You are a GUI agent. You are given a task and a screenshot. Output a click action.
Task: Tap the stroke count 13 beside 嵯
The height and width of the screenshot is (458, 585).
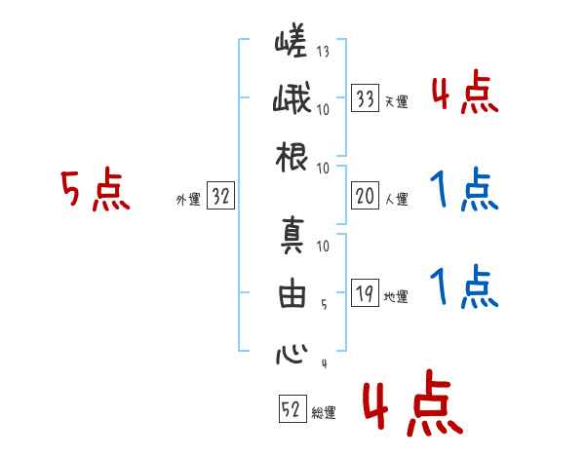pos(323,52)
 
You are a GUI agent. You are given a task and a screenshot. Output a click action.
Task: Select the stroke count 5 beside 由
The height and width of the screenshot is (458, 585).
pos(323,304)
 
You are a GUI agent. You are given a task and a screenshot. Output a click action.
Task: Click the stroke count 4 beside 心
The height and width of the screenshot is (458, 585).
pos(323,364)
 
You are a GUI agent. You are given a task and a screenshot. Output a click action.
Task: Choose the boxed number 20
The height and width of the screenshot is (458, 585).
pos(366,196)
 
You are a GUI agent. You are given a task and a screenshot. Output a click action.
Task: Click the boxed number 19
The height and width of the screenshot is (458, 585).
pos(366,293)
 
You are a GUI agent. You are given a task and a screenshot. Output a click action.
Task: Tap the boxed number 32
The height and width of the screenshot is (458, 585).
pos(220,197)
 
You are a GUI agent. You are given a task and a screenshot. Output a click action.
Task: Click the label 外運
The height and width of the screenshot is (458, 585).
pos(188,200)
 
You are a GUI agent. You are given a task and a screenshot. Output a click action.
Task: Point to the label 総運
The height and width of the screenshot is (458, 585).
pos(324,413)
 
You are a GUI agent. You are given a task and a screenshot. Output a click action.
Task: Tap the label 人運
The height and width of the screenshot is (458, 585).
pos(396,200)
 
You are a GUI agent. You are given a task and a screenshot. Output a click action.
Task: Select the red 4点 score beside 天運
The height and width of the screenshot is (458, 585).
pos(464,94)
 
